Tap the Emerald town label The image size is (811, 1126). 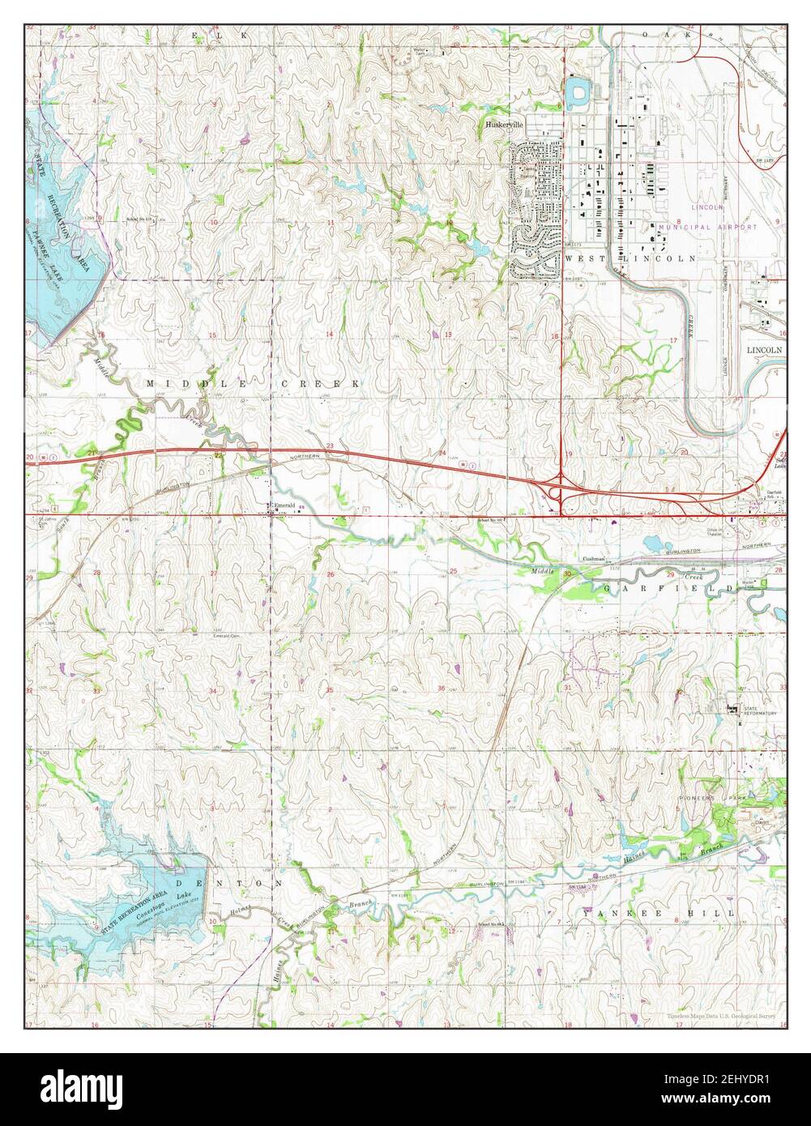[284, 505]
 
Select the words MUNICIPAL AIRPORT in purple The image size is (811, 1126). [708, 228]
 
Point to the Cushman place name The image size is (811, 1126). [594, 559]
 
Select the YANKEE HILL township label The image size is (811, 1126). [659, 913]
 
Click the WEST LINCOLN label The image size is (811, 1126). [630, 258]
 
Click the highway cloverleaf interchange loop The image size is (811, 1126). [558, 491]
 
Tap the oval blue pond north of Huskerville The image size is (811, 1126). [578, 92]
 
